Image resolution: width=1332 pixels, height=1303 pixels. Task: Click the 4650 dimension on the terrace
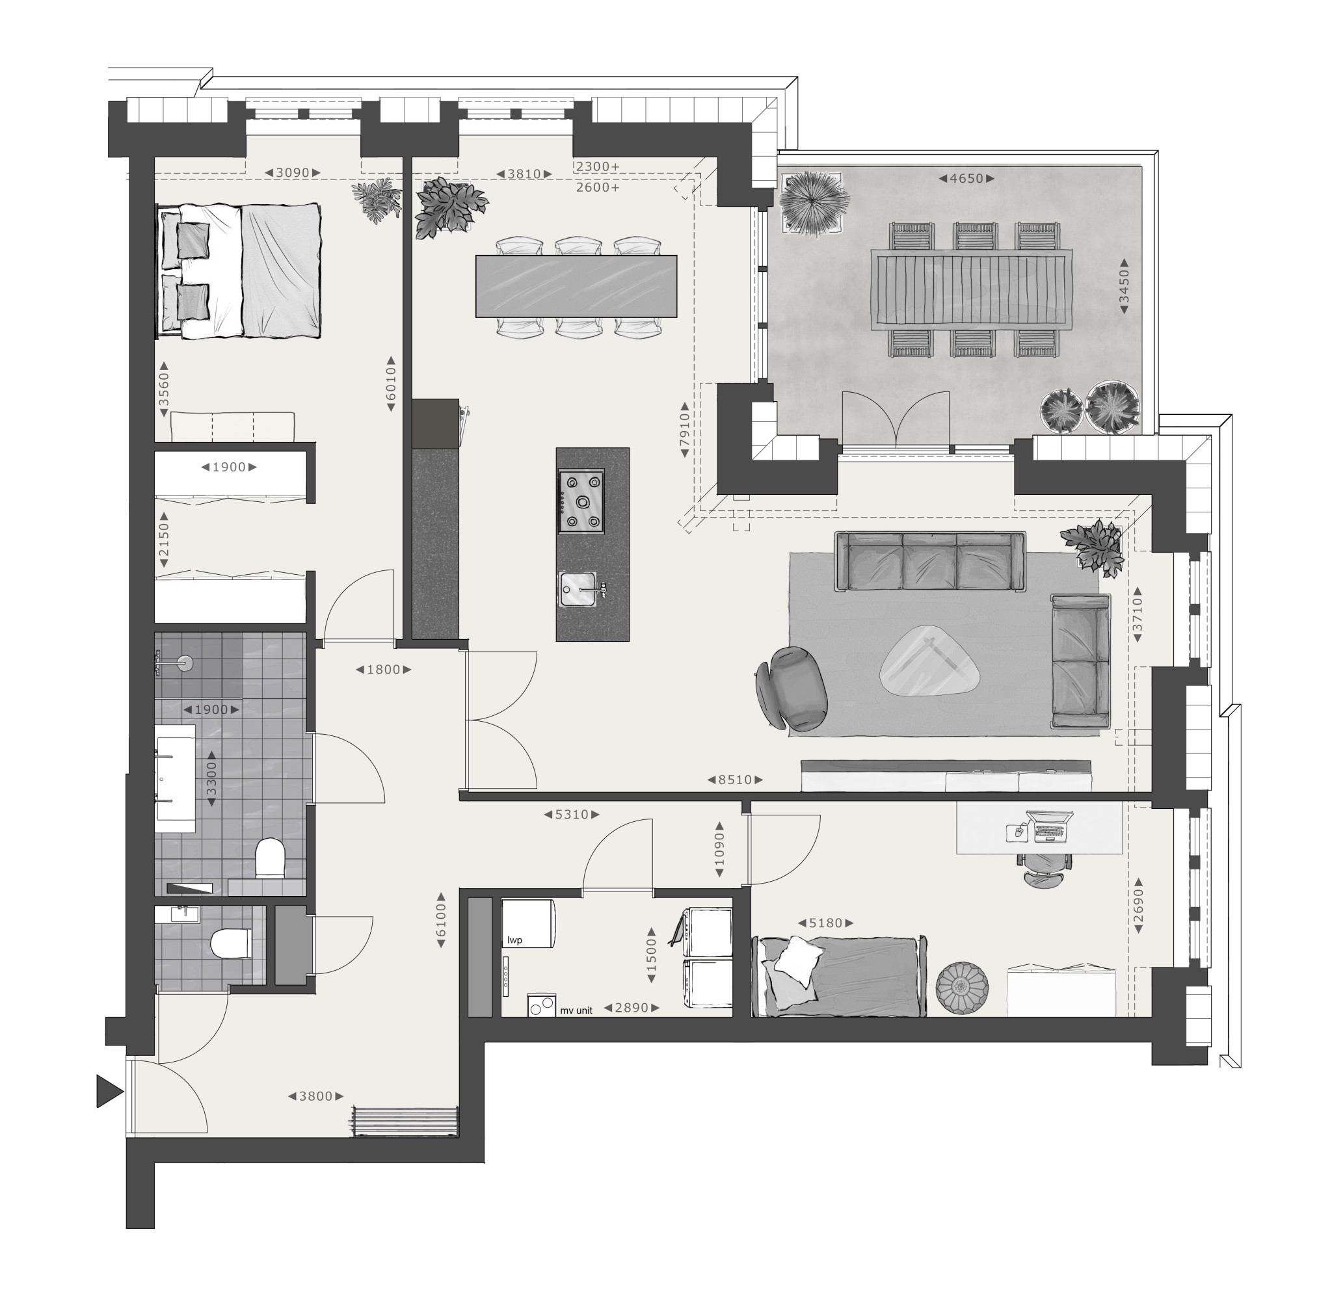[x=966, y=179]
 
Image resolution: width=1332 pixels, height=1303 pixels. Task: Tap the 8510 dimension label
[x=735, y=780]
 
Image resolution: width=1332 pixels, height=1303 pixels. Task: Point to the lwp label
[x=514, y=940]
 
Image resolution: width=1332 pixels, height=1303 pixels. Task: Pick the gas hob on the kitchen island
[x=581, y=501]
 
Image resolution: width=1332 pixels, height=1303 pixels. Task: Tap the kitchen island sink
[x=579, y=588]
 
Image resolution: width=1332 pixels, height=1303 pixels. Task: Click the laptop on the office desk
[x=1048, y=826]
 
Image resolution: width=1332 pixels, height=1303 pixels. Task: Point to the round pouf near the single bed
[x=963, y=988]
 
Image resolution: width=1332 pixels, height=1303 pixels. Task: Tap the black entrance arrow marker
[x=109, y=1091]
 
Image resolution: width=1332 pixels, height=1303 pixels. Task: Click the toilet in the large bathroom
[x=270, y=858]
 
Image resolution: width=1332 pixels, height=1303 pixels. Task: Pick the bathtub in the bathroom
[x=175, y=779]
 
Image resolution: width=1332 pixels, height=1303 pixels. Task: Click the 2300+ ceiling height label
[x=598, y=166]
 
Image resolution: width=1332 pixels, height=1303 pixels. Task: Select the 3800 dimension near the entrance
[x=315, y=1096]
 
